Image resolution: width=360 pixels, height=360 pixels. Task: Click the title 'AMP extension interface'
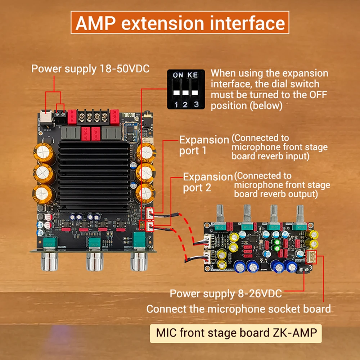pyautogui.click(x=180, y=23)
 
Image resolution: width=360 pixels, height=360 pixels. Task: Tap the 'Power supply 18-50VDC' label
pyautogui.click(x=90, y=69)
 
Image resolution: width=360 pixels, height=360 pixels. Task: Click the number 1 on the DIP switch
pyautogui.click(x=176, y=104)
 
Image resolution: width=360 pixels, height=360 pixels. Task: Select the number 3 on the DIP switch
pyautogui.click(x=195, y=104)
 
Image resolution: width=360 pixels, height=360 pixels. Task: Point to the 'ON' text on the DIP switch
pyautogui.click(x=178, y=75)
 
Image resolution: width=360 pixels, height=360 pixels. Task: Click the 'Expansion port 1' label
pyautogui.click(x=204, y=145)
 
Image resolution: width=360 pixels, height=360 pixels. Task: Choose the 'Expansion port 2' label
pyautogui.click(x=208, y=183)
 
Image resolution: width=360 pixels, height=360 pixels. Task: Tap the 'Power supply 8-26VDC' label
pyautogui.click(x=226, y=293)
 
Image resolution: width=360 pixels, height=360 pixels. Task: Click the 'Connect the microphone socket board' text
pyautogui.click(x=238, y=309)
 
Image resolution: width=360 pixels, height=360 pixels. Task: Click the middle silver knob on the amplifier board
pyautogui.click(x=94, y=261)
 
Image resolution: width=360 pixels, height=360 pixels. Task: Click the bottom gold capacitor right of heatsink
pyautogui.click(x=145, y=192)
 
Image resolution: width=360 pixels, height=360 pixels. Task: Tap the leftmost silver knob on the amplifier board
pyautogui.click(x=50, y=261)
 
